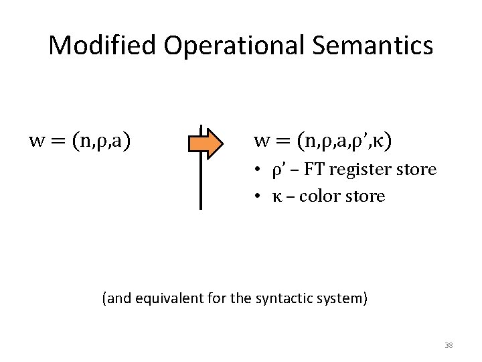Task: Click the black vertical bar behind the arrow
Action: click(201, 188)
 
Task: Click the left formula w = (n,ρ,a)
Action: click(80, 141)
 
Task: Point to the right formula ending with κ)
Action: click(323, 141)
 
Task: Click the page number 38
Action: click(449, 345)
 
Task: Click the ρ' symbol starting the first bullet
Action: click(278, 170)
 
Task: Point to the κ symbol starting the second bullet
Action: click(276, 197)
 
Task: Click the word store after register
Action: click(418, 170)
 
